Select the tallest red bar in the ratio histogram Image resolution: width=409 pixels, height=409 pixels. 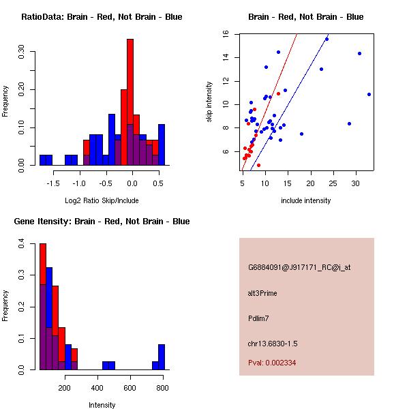pos(130,102)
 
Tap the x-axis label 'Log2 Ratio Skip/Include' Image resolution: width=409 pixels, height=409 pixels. pos(102,200)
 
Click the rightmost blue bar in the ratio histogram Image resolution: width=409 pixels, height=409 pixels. pos(162,144)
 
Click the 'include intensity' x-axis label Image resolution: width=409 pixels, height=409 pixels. pos(305,200)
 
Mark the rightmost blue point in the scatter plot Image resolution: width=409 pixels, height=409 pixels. pos(369,94)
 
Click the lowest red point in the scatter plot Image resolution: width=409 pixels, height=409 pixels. pos(258,165)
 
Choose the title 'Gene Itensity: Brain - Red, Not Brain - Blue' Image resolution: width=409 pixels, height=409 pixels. pos(102,222)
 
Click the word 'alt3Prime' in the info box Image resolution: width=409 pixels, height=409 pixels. pos(262,293)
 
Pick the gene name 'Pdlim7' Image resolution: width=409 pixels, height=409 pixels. pos(259,318)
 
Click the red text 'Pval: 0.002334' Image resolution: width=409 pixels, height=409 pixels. pos(272,363)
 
